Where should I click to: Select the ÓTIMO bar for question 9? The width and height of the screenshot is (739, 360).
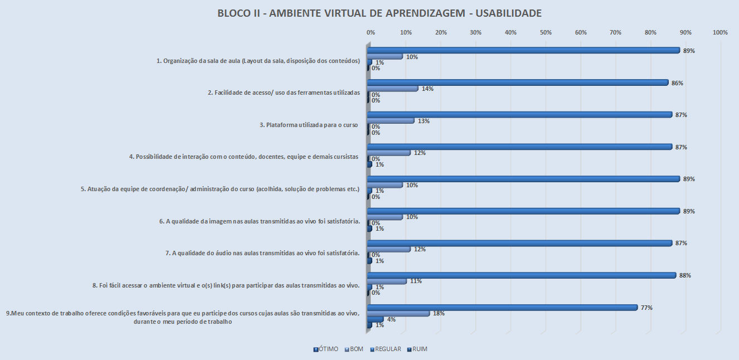click(502, 308)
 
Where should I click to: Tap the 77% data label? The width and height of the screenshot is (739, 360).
click(646, 308)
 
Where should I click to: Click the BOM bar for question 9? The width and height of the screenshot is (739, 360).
click(398, 313)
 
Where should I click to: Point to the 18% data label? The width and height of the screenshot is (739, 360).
click(439, 313)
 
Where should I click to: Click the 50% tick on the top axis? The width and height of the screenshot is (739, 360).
click(546, 33)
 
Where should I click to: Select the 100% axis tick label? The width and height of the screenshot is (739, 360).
click(720, 33)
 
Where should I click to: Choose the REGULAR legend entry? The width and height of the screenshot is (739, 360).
click(385, 349)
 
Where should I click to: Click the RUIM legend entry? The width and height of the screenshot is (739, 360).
click(417, 349)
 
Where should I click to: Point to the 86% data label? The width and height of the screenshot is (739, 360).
click(678, 83)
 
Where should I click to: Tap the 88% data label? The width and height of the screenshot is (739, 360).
click(685, 275)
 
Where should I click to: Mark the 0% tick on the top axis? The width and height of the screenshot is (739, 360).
click(371, 33)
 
